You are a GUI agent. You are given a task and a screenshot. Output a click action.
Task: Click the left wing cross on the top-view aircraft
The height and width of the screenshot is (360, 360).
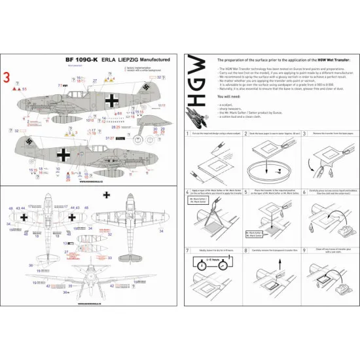(x=24, y=217)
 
